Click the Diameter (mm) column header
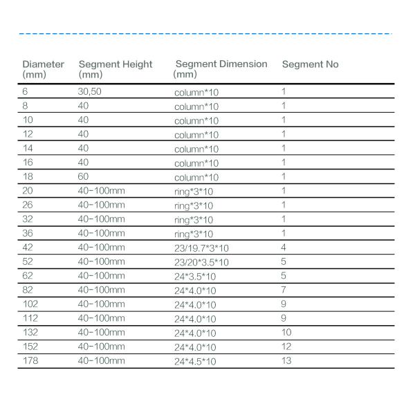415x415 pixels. tap(43, 68)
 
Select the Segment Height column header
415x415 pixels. tap(116, 68)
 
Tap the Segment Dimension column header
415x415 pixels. tap(221, 68)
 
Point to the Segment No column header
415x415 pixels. tap(310, 64)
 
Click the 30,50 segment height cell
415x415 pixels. tap(89, 91)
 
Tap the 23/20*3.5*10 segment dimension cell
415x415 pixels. tap(201, 262)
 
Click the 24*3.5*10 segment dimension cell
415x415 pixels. tap(195, 277)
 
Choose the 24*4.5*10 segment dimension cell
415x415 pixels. tap(195, 361)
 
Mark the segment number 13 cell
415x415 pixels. tap(286, 360)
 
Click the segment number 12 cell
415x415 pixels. tap(286, 346)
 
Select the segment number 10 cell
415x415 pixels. tap(286, 332)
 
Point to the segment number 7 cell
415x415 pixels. tap(284, 290)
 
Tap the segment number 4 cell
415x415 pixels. tap(284, 247)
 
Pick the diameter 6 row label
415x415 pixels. tap(25, 91)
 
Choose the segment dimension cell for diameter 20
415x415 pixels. tap(193, 191)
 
